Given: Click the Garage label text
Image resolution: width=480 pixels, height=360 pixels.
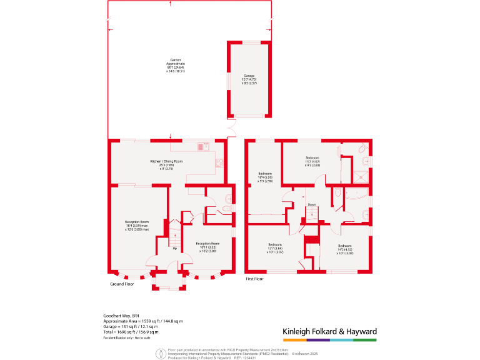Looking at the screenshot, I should pos(249,80).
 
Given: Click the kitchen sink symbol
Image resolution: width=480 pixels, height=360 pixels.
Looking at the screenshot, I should pos(202,147).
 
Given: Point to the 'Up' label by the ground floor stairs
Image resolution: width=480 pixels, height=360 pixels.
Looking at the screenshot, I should pos(174,248).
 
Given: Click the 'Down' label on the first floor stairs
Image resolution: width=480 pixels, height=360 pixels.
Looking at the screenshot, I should pos(311,204).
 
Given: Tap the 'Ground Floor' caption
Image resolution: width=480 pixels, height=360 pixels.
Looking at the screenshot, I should pos(122,284).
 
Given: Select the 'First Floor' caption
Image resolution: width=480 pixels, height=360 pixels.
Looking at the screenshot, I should pos(255,278).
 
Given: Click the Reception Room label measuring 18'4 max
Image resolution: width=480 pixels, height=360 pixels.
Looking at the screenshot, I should pos(136,226).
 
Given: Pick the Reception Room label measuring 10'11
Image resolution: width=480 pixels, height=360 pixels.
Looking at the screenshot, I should pos(207,246).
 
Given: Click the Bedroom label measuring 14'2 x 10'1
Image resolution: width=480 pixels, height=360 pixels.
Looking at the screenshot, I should pos(345,249).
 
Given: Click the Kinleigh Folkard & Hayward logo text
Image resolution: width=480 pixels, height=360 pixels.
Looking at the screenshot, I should pos(329,331).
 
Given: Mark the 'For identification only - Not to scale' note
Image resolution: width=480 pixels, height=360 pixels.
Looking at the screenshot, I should pos(127,337).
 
